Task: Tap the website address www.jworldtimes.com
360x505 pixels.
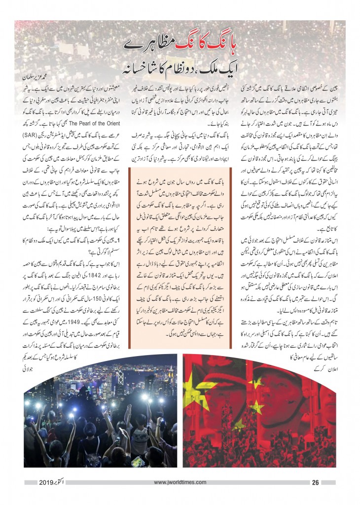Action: (x=180, y=482)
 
